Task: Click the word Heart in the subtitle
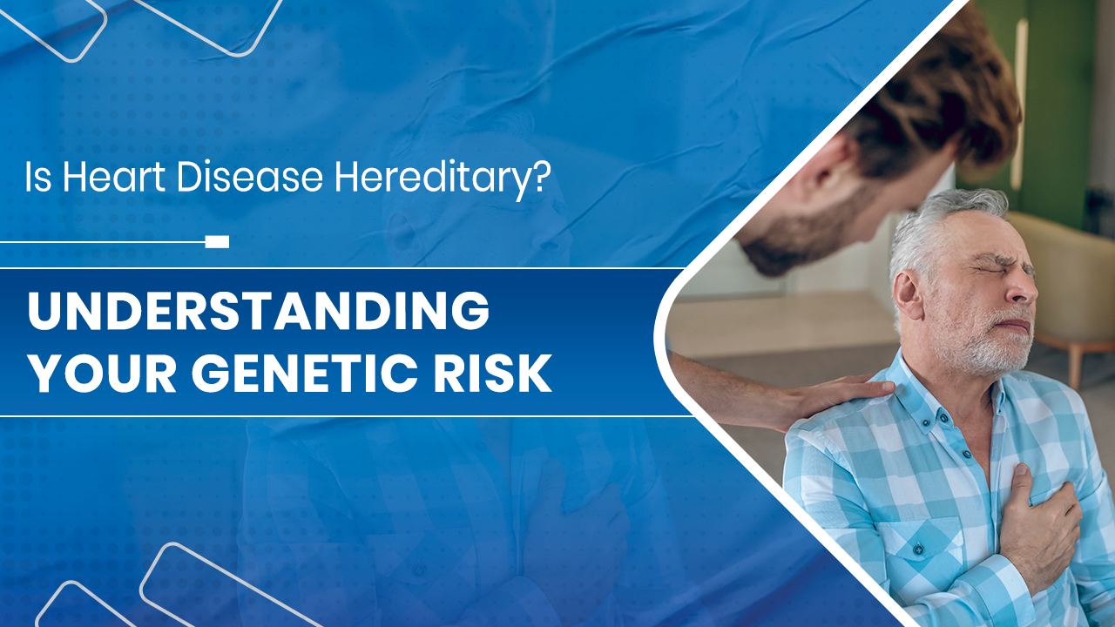point(113,177)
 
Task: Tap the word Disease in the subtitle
point(249,177)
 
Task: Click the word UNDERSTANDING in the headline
point(259,310)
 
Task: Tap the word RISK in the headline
point(492,374)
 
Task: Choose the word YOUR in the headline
point(102,374)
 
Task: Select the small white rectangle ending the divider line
point(217,242)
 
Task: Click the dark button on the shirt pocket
point(918,549)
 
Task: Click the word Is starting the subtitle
point(38,177)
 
